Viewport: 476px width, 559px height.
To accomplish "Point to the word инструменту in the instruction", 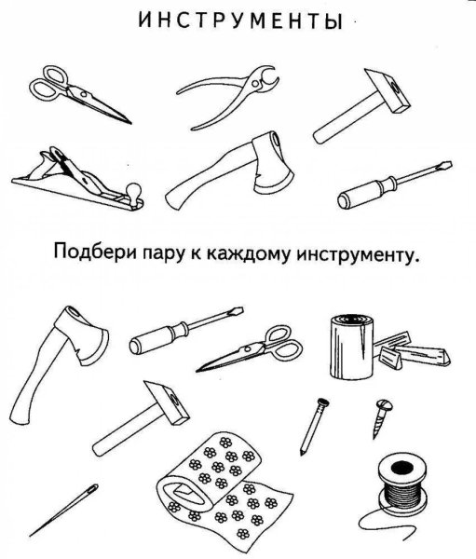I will click(x=355, y=254).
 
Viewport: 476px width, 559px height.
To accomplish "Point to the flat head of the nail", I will click(x=322, y=403).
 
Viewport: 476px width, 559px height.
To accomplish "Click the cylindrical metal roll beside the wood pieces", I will click(x=348, y=346).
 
